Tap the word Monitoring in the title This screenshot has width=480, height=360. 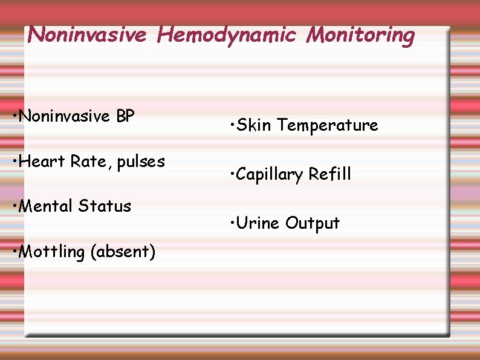360,36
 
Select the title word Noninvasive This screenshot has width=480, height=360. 87,34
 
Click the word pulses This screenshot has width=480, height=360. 141,162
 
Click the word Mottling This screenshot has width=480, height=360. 53,252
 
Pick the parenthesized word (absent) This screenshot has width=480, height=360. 123,252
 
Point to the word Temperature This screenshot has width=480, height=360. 328,125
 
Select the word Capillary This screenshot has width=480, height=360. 270,175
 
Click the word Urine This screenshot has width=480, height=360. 258,223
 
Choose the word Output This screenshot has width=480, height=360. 313,224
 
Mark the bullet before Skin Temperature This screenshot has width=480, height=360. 232,125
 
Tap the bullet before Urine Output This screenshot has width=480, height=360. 232,223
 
